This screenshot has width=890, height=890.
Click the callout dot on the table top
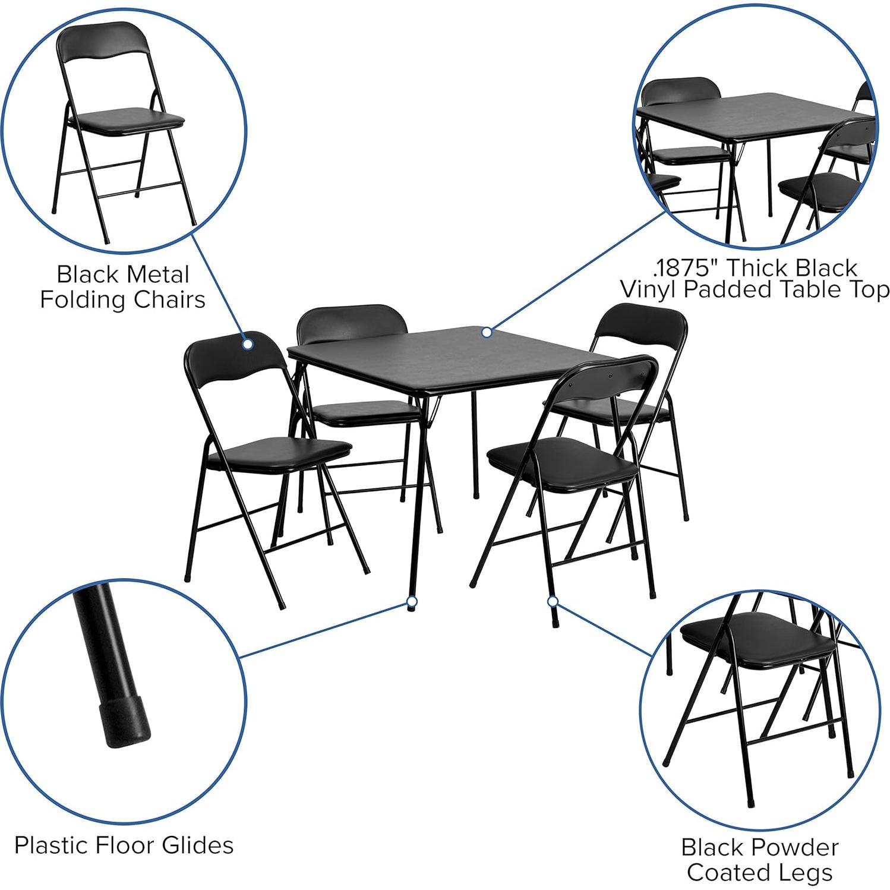tap(487, 332)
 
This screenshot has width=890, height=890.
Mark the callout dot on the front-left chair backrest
tap(247, 343)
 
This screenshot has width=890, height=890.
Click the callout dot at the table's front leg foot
tap(411, 602)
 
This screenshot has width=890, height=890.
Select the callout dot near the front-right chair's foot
tap(553, 602)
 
